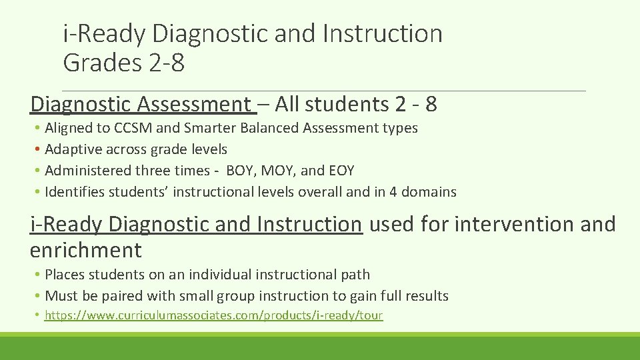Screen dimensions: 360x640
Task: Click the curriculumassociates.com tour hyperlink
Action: pos(213,315)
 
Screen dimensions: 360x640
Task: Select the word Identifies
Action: pos(71,192)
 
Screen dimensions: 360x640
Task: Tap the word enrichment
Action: pos(86,251)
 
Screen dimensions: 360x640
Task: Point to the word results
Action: pos(428,295)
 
